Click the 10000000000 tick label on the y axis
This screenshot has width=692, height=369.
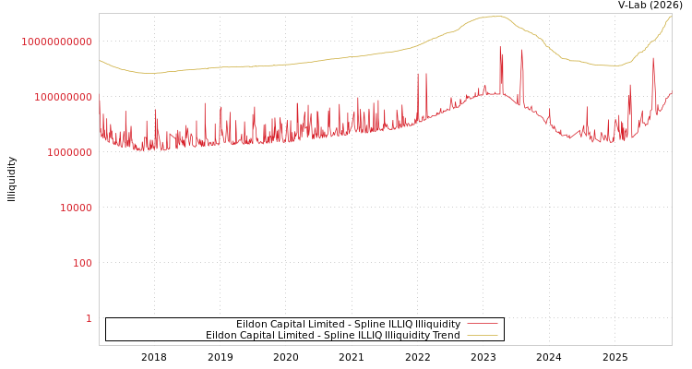tap(56, 42)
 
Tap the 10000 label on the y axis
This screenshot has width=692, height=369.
tap(77, 208)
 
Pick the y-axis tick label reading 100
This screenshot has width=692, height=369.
tap(83, 263)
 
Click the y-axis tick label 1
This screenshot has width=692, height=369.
tap(89, 318)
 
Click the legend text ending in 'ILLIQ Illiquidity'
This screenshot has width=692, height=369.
tap(348, 325)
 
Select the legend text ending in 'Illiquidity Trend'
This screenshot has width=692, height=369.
tap(332, 336)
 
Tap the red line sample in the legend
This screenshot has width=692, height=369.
tap(482, 325)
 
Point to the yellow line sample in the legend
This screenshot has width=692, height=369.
tap(482, 336)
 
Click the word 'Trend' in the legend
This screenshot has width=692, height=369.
tap(446, 336)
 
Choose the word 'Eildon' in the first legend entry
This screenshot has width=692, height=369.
tap(252, 325)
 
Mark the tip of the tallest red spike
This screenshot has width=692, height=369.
tap(501, 47)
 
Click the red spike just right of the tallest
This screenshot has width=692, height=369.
tap(522, 51)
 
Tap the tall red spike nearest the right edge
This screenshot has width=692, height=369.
tap(653, 58)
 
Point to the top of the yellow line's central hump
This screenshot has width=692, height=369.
tap(498, 17)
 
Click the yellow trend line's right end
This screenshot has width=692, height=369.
tap(671, 16)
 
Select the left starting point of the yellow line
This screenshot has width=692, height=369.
tap(100, 60)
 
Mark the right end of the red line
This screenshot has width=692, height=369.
tap(671, 92)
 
